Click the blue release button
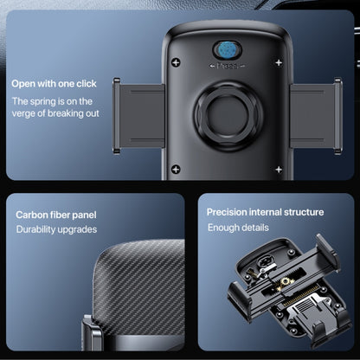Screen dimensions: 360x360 click(227, 50)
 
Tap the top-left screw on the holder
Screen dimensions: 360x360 click(176, 62)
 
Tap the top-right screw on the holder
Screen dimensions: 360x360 click(279, 62)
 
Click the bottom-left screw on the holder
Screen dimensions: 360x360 click(176, 170)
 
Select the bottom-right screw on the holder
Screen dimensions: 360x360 click(279, 170)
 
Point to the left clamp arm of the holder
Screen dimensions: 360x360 click(138, 116)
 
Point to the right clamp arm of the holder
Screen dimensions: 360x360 click(316, 116)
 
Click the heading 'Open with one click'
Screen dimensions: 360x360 click(54, 84)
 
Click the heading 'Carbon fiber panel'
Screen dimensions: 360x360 click(56, 215)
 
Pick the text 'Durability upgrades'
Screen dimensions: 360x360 click(56, 229)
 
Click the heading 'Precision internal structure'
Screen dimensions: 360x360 click(265, 212)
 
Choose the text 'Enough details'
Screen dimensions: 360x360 click(238, 228)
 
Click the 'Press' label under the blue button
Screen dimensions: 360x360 click(227, 66)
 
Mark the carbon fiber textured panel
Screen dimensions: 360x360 click(139, 287)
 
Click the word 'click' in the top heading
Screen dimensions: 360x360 click(87, 84)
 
